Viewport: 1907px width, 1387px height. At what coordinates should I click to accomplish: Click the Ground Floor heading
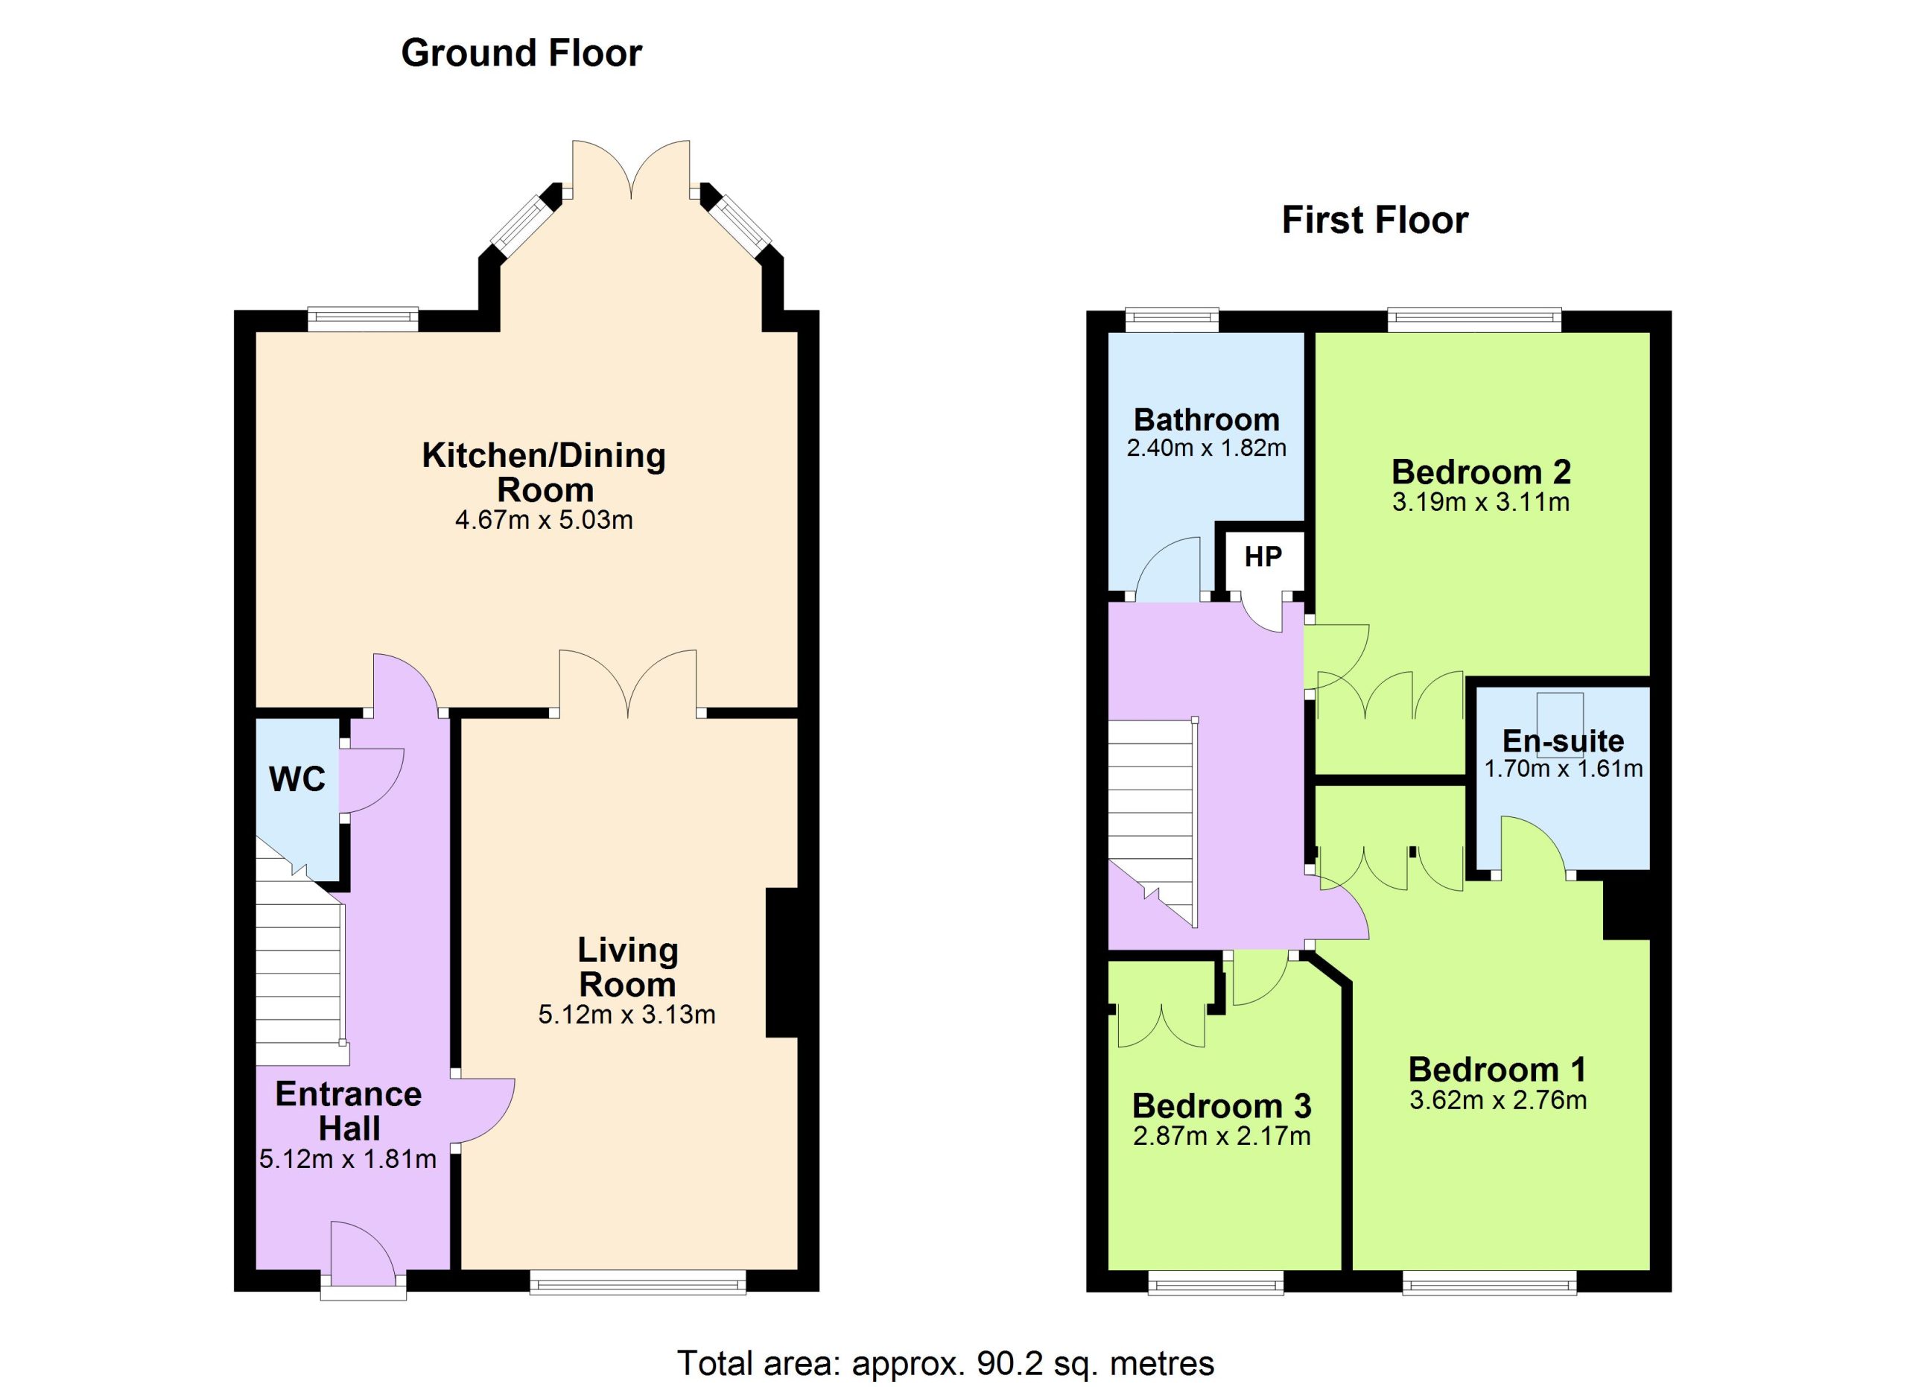tap(521, 53)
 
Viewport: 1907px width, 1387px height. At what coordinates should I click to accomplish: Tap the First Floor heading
tap(1375, 220)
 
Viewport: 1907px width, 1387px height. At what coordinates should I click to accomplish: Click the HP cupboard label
tap(1263, 556)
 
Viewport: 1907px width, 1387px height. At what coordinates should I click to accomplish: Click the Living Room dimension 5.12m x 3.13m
tap(626, 1015)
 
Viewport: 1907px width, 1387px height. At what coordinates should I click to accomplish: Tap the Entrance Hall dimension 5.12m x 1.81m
tap(347, 1160)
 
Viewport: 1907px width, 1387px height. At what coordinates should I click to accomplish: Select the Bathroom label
tap(1207, 419)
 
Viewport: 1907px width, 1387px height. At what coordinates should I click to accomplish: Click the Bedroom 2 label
tap(1481, 472)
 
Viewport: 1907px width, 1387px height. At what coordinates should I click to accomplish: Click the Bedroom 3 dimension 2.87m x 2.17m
tap(1222, 1137)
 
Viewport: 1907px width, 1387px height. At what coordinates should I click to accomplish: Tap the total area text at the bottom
tap(946, 1362)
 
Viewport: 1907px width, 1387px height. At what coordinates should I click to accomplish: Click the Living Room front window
tap(638, 1281)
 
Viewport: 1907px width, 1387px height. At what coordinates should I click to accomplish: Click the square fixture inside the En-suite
tap(1561, 714)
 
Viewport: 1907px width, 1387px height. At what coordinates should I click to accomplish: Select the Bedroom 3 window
tap(1216, 1281)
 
